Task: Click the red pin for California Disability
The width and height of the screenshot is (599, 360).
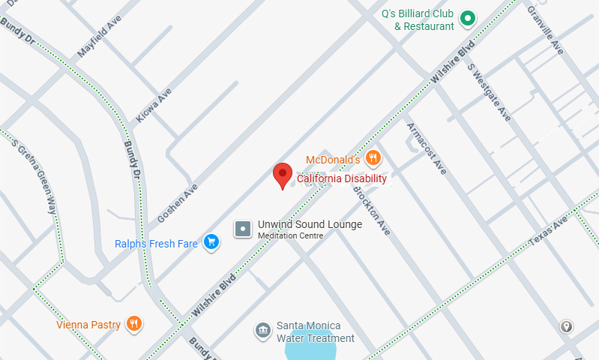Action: [x=282, y=175]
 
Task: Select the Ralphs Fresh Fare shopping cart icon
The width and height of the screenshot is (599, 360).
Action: [x=212, y=241]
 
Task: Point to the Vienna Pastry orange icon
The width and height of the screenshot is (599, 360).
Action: [x=133, y=324]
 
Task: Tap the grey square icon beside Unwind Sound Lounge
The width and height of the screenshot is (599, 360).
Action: [x=243, y=229]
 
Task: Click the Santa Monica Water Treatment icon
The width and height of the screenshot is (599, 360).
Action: [x=262, y=331]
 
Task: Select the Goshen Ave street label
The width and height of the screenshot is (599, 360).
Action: [x=177, y=203]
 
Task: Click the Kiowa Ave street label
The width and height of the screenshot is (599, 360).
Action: [x=154, y=105]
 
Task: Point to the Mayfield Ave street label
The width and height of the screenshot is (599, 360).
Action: [x=99, y=37]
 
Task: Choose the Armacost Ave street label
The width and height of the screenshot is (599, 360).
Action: [x=427, y=148]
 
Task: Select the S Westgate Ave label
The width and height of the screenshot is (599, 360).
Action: [x=489, y=92]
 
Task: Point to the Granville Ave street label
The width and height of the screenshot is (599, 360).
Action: [x=545, y=30]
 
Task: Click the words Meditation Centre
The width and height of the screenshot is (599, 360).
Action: [x=290, y=236]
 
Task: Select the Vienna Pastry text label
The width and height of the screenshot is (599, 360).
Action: [x=88, y=325]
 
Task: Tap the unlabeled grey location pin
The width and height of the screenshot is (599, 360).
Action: [x=567, y=326]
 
